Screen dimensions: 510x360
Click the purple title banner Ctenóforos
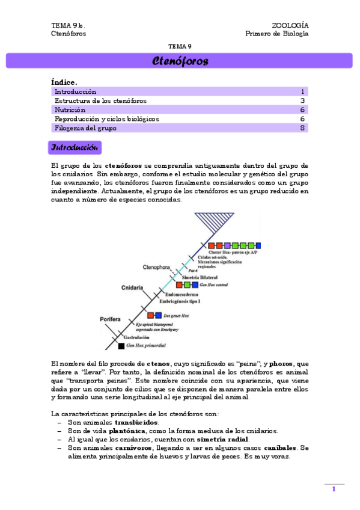pos(180,61)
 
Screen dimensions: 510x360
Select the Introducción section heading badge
pos(75,147)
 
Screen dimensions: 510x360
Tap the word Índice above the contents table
pos(64,82)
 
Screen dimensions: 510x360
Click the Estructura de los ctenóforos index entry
pos(100,101)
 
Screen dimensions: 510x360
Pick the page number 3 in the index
pos(303,101)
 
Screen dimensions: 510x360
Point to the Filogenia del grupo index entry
pos(85,128)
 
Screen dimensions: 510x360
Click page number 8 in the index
pos(303,128)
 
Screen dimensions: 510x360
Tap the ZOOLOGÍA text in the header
pos(290,25)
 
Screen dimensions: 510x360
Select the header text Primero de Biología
pos(277,34)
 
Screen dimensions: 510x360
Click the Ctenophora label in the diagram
pos(157,266)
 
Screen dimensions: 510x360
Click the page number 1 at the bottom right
pos(334,490)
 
